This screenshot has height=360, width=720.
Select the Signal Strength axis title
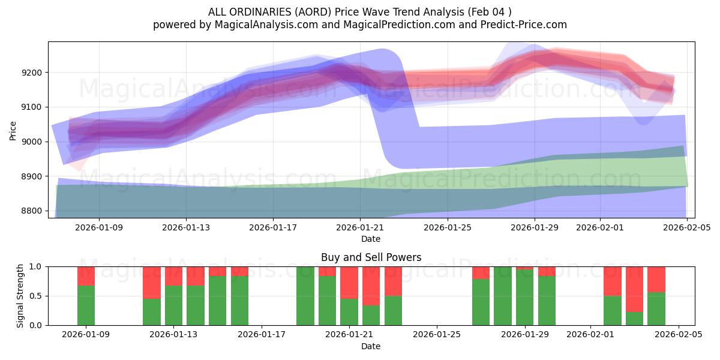(x=20, y=296)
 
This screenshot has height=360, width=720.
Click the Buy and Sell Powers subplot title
(x=371, y=257)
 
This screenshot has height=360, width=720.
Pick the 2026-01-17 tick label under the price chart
(x=273, y=227)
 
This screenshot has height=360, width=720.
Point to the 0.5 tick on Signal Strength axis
(x=37, y=296)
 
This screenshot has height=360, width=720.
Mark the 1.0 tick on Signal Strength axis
(x=37, y=266)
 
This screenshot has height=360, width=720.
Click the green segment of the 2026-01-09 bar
(x=86, y=305)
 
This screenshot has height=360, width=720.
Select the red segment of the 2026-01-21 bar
(x=349, y=283)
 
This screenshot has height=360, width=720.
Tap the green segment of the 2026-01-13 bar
(x=173, y=305)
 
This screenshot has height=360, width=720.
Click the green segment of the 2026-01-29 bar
(x=525, y=298)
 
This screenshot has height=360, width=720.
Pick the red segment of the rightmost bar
(x=656, y=279)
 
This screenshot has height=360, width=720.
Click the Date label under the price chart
(x=371, y=239)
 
